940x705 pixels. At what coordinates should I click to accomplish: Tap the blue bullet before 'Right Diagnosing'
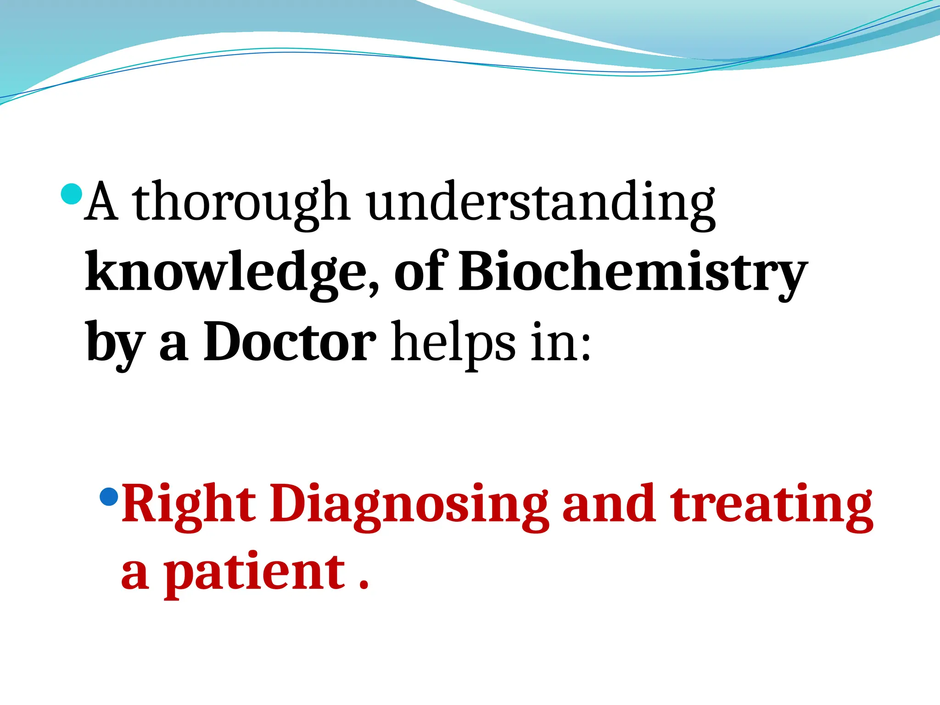109,496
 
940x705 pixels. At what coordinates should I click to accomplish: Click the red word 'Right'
188,505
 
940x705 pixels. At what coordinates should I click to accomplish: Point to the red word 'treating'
771,505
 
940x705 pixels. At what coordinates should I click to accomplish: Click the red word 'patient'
255,574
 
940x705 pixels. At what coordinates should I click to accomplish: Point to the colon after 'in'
585,347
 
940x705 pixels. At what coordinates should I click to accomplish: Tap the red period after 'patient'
364,585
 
